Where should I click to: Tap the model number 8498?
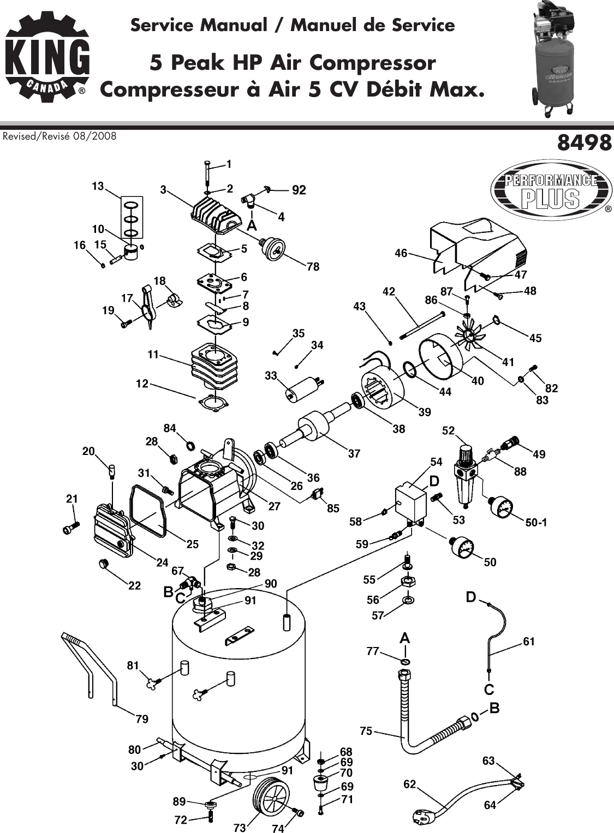tap(584, 143)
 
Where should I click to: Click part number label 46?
tap(401, 253)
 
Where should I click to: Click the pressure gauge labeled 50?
tap(462, 547)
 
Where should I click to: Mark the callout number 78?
tap(313, 267)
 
